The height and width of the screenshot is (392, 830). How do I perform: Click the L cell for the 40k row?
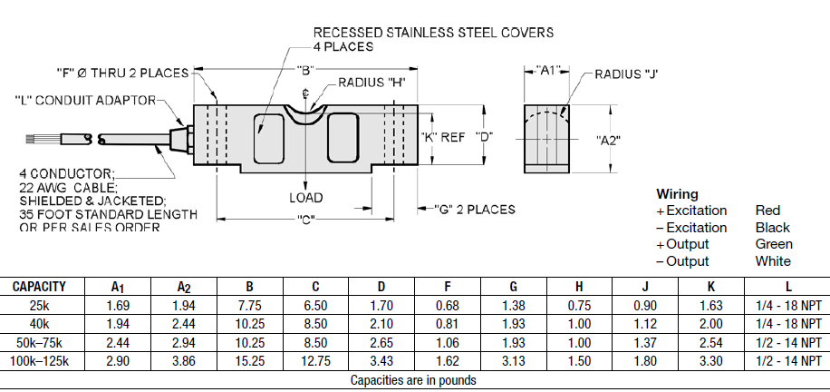pyautogui.click(x=786, y=323)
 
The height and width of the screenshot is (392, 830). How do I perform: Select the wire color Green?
pyautogui.click(x=773, y=244)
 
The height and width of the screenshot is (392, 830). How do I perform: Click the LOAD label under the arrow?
pyautogui.click(x=306, y=197)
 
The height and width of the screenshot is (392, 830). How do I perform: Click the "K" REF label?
pyautogui.click(x=444, y=137)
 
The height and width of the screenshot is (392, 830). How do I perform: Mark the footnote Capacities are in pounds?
pyautogui.click(x=413, y=380)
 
